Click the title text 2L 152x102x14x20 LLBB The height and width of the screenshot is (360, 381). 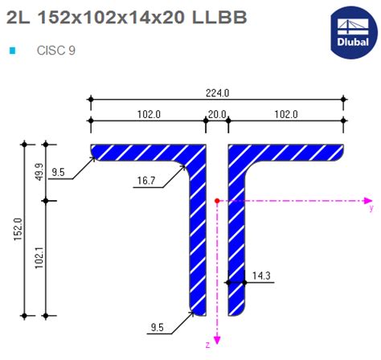coord(114,17)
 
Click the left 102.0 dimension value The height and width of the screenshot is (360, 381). coord(148,115)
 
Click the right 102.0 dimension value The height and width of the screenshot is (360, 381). coord(287,115)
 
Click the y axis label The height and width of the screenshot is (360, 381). coord(370,208)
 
